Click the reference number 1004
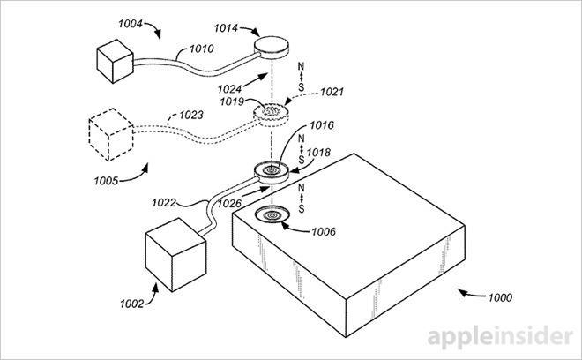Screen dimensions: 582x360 [131, 24]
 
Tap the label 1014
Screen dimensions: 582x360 [226, 28]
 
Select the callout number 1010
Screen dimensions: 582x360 [202, 49]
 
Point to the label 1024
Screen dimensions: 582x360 [229, 89]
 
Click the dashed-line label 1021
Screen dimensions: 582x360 [332, 92]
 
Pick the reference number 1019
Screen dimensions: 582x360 [232, 101]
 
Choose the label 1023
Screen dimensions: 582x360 [191, 115]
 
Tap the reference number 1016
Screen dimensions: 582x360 [322, 125]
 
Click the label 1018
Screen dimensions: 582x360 [318, 153]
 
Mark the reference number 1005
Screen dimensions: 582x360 [106, 181]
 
